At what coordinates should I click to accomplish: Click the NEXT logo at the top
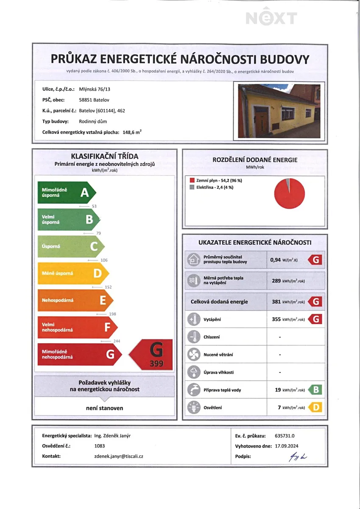coord(271,18)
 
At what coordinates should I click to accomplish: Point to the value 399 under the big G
coord(156,364)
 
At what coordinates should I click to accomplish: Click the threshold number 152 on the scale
coord(108,287)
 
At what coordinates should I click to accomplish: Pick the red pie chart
coord(290,193)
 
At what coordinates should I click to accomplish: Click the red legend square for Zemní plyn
coord(193,181)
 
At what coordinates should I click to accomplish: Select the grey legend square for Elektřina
coord(193,187)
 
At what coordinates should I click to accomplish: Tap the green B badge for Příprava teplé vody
coord(315,390)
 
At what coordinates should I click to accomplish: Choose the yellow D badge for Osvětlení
coord(315,408)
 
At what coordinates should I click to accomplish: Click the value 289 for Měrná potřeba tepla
coord(276,280)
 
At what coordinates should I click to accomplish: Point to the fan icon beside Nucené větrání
coord(194,354)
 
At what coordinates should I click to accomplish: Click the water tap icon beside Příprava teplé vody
coord(194,390)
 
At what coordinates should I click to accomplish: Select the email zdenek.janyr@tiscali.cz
coord(118,456)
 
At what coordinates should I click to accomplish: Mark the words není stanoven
coord(104,408)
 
